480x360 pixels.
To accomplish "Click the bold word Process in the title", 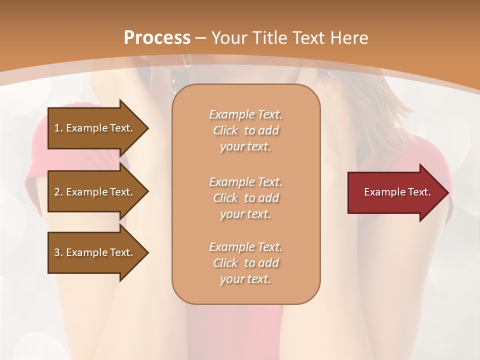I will coord(157,38).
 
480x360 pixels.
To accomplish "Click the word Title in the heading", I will coord(269,38).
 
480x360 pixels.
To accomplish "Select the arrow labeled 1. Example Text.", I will coord(95,128).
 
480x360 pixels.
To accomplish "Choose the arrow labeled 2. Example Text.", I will coord(95,192).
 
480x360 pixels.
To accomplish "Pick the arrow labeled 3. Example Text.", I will coord(95,252).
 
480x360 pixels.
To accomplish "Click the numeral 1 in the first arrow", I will coord(57,128).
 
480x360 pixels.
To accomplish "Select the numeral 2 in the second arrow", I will coord(57,192).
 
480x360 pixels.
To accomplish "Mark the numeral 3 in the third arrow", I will coord(57,252).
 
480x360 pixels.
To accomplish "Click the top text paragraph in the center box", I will coord(245,130).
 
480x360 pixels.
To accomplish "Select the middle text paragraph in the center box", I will coord(245,198).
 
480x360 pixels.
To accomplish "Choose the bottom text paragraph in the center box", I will coord(245,263).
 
